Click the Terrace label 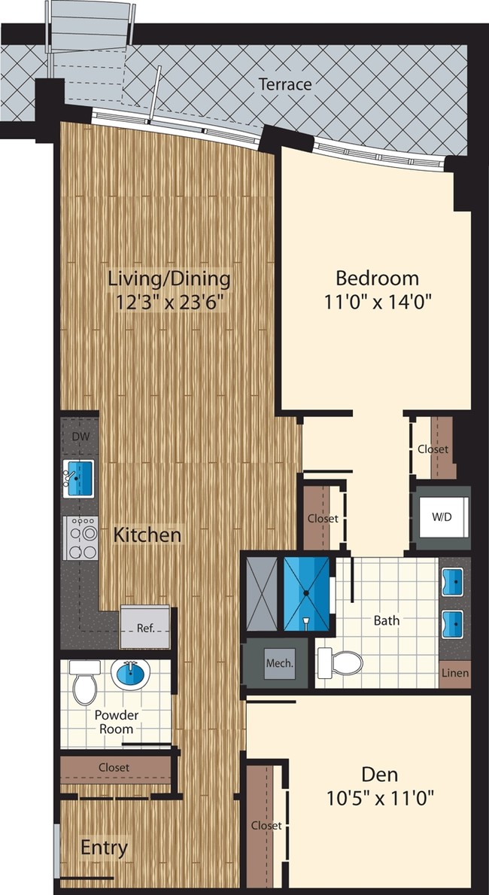[x=285, y=84]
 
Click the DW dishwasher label [x=80, y=437]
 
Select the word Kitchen [x=147, y=535]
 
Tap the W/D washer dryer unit [x=442, y=517]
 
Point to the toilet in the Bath [x=339, y=662]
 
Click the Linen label [x=456, y=672]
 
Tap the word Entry [x=104, y=848]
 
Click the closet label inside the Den [x=266, y=826]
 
